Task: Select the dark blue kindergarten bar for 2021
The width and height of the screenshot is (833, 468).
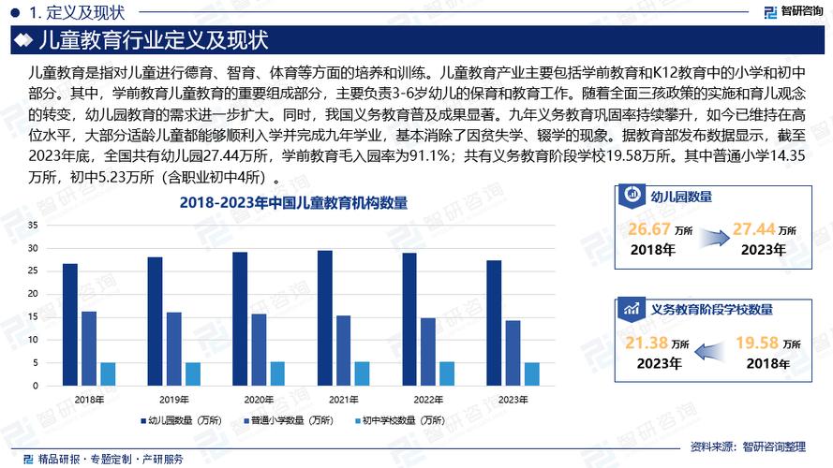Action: pyautogui.click(x=325, y=318)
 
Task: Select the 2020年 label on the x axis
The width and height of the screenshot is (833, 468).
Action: pyautogui.click(x=259, y=400)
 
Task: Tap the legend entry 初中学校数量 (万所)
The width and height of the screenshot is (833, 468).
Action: pyautogui.click(x=398, y=421)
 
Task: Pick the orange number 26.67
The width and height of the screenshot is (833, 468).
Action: pyautogui.click(x=650, y=229)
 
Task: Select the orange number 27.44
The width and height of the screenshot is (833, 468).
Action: pyautogui.click(x=754, y=229)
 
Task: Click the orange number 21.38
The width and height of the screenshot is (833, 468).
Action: pyautogui.click(x=650, y=344)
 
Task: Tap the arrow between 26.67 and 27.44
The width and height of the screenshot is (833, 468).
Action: pyautogui.click(x=704, y=240)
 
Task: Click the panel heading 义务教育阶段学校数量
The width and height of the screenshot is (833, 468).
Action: pyautogui.click(x=711, y=308)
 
